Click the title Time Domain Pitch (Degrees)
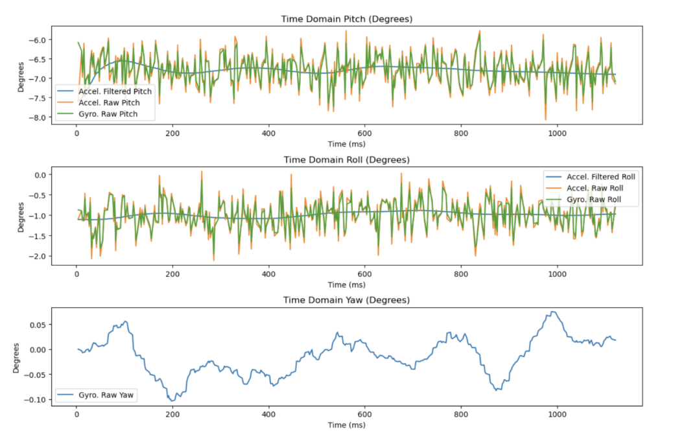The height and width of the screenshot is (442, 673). point(346,19)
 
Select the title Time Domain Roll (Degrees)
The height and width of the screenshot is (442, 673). point(346,159)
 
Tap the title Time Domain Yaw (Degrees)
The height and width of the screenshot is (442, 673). point(346,300)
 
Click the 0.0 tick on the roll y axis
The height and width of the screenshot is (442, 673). point(38,175)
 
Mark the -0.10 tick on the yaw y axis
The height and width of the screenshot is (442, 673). point(34,399)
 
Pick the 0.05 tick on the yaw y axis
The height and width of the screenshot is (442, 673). point(36,324)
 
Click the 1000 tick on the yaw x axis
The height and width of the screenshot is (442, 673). point(557,413)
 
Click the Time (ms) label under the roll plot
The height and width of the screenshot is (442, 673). point(346,285)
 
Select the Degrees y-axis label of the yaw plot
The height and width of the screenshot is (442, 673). point(16,357)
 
